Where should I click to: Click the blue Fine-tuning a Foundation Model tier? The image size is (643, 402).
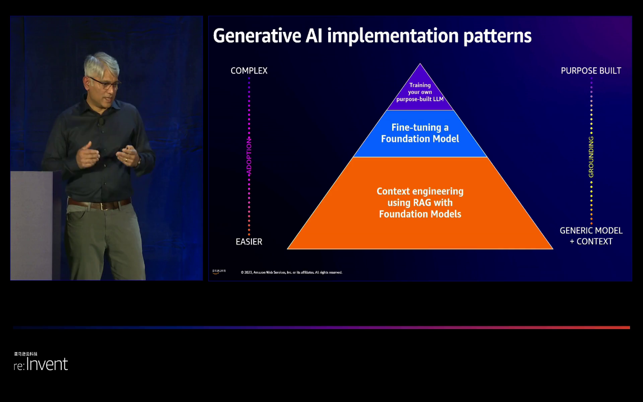point(420,133)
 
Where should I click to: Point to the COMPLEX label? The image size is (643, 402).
point(249,71)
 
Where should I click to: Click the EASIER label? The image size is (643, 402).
point(249,242)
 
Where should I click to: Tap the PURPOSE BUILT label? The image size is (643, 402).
point(591,71)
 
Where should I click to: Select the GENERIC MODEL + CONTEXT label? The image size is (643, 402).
point(591,236)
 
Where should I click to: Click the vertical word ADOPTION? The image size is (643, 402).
point(249,157)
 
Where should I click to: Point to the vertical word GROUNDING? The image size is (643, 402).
point(591,157)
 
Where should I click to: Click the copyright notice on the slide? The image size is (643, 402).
point(291,272)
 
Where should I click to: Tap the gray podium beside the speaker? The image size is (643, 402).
point(31,225)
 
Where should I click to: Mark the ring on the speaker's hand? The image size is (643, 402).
point(127,160)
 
